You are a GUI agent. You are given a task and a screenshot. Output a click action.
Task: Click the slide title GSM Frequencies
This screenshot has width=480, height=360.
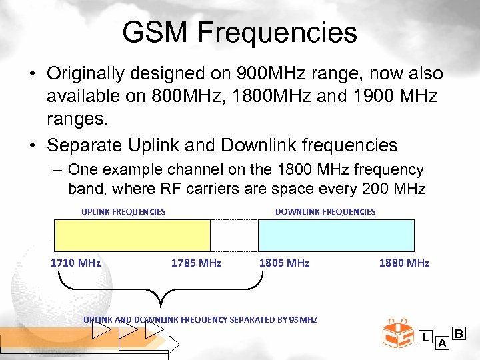pos(240,33)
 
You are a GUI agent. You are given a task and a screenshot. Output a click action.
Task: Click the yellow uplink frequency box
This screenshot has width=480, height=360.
pos(132,235)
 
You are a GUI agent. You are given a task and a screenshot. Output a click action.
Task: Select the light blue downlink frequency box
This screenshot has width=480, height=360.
pos(336,235)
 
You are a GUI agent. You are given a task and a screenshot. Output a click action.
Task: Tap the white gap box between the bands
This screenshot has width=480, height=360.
pos(235,235)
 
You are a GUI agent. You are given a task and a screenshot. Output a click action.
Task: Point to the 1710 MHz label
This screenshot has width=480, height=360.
pos(75,263)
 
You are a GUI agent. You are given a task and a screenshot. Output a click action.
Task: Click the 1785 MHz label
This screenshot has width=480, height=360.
pos(196,263)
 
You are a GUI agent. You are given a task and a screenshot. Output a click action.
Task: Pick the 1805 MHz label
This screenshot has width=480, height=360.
pos(284,263)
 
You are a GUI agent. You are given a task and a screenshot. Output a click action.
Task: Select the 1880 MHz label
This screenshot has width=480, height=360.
pos(404,263)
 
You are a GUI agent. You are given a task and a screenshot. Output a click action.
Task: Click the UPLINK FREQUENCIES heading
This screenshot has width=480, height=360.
pos(123,211)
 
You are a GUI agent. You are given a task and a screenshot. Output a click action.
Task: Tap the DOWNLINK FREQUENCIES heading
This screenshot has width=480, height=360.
pos(325,211)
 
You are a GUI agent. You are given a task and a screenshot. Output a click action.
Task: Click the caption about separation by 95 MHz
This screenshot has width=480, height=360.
pos(200,319)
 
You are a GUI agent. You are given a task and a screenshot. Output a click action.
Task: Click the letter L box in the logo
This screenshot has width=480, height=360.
pos(425,337)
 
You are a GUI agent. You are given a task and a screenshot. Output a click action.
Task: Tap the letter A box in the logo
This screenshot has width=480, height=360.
pos(441,343)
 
